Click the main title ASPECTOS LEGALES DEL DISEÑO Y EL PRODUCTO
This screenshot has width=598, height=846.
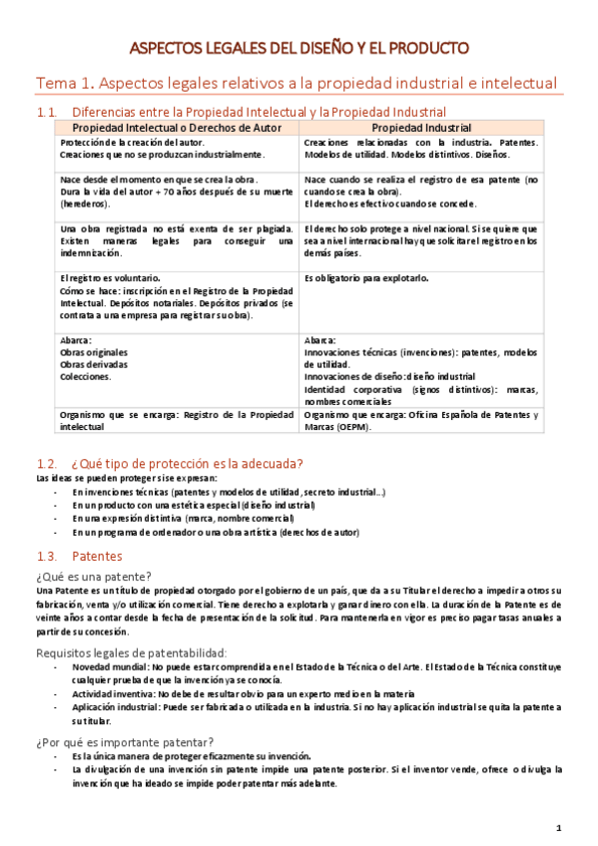[299, 48]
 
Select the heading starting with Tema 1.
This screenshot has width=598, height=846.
[297, 83]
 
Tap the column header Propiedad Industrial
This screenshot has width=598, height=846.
[420, 129]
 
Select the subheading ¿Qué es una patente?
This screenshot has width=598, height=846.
[94, 577]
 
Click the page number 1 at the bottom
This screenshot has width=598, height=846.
[559, 827]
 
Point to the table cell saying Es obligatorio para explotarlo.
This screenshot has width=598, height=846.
[365, 277]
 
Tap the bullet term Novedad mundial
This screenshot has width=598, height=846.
[110, 666]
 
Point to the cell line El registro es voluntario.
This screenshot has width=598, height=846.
[110, 277]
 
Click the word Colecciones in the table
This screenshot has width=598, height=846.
[85, 377]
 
